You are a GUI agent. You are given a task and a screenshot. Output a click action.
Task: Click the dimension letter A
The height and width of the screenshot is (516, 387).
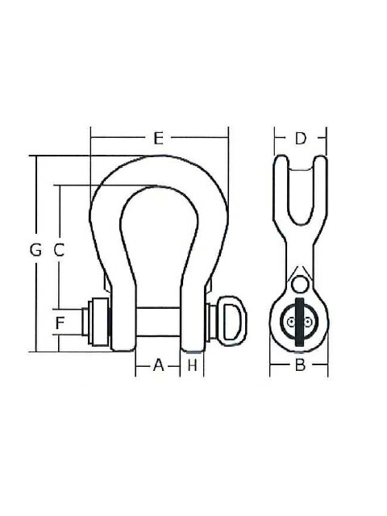pyautogui.click(x=159, y=365)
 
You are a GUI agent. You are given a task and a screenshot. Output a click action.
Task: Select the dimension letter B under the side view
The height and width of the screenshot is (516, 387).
pyautogui.click(x=299, y=366)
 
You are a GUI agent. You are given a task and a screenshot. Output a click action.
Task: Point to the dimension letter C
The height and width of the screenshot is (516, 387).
pyautogui.click(x=59, y=251)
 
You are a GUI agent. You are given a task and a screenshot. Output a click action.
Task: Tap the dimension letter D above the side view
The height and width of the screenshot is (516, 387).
pyautogui.click(x=300, y=139)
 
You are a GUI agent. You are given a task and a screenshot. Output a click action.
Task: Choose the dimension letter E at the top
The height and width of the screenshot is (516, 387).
pyautogui.click(x=159, y=139)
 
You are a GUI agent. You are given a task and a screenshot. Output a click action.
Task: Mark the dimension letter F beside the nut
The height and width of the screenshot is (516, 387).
pyautogui.click(x=59, y=325)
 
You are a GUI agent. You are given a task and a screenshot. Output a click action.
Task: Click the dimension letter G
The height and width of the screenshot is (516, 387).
pyautogui.click(x=35, y=251)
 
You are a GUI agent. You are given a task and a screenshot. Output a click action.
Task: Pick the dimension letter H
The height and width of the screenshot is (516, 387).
pyautogui.click(x=192, y=365)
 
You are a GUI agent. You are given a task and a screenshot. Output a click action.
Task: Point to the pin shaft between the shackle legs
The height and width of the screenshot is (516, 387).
pyautogui.click(x=158, y=324)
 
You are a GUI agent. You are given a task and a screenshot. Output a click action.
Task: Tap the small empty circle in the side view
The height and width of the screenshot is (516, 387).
pyautogui.click(x=300, y=284)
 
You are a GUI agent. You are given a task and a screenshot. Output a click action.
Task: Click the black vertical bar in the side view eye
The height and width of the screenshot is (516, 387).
pyautogui.click(x=300, y=322)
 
